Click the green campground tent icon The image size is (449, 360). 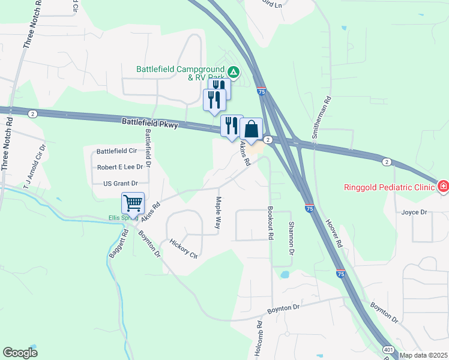(x=234, y=73)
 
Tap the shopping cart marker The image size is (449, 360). (x=133, y=202)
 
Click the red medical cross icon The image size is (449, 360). (x=443, y=187)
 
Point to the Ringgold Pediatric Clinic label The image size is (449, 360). (x=389, y=187)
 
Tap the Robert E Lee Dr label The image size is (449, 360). (x=120, y=167)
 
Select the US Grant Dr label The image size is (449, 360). (x=121, y=183)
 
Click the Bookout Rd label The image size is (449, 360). (x=271, y=224)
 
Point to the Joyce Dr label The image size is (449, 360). (x=414, y=212)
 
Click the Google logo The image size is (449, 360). (x=20, y=353)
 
